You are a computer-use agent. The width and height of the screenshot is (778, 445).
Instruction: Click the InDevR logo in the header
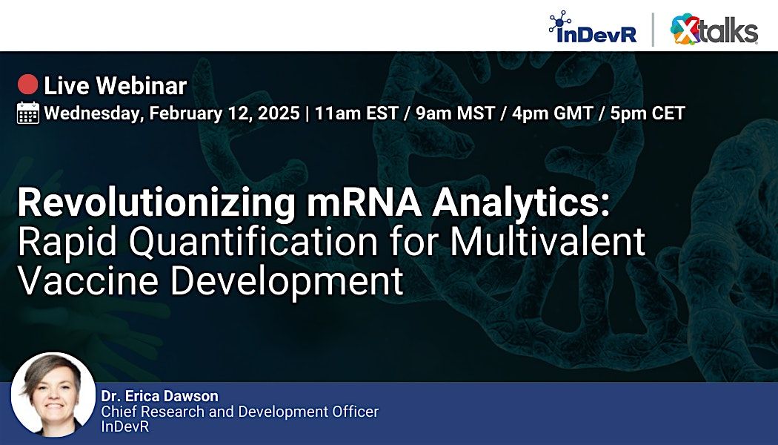tap(592, 28)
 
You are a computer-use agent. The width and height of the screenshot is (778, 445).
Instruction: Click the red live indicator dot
tap(28, 85)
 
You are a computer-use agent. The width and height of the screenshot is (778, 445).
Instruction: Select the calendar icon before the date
tap(28, 113)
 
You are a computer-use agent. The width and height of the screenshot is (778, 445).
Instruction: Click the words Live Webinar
tap(115, 86)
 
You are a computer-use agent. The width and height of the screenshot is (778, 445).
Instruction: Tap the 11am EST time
tap(355, 113)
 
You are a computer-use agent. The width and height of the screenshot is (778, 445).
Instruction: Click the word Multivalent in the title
tap(546, 243)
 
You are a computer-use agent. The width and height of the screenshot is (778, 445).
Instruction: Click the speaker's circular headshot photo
tap(53, 394)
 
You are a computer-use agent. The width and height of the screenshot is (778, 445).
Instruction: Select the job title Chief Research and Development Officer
tap(239, 411)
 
